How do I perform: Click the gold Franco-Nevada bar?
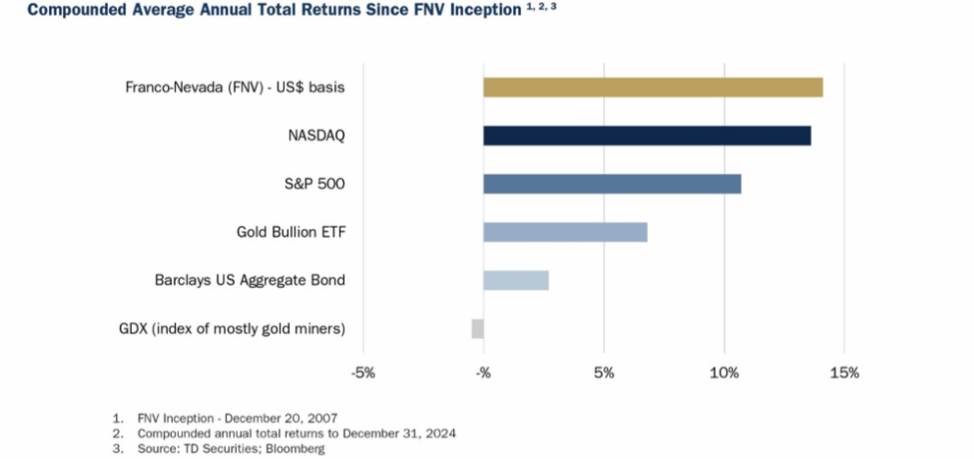pos(653,87)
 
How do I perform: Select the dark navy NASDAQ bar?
pos(647,136)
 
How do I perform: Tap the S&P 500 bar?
pos(611,184)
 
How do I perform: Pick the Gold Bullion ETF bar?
pos(565,232)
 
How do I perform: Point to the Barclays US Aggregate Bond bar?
pos(515,280)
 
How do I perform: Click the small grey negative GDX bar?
pos(477,328)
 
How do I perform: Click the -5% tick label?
pos(363,373)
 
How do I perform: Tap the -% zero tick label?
pos(483,373)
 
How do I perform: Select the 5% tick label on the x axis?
pos(603,373)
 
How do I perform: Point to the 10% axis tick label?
pos(724,373)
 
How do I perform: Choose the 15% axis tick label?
pos(844,373)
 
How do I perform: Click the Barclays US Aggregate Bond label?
pos(250,280)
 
